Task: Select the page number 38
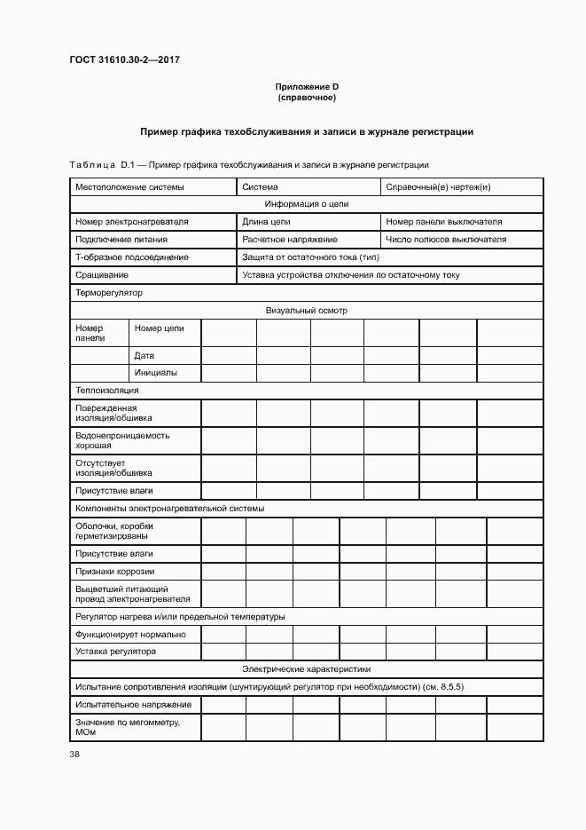click(74, 755)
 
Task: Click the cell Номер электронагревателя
click(131, 221)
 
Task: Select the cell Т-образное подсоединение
click(131, 257)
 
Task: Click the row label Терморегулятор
click(109, 292)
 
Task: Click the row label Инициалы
click(156, 373)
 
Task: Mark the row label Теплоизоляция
click(107, 390)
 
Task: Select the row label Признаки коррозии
click(115, 571)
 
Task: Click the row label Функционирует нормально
click(130, 634)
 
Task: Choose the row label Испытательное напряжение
click(133, 704)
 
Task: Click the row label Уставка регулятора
click(115, 652)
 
